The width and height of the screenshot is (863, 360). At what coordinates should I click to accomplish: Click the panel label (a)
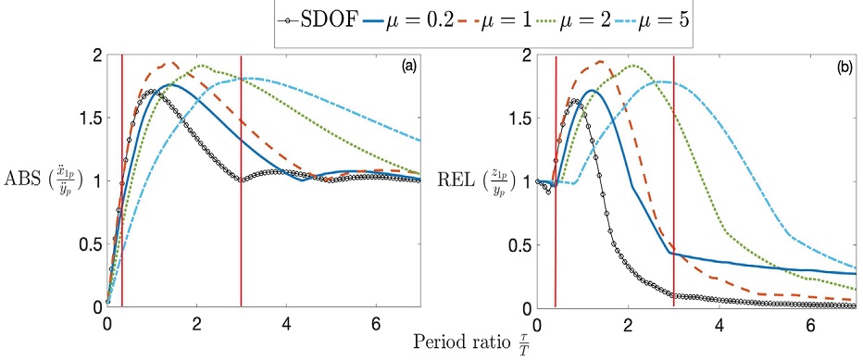(406, 68)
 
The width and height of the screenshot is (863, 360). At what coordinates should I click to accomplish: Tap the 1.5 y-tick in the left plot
(85, 118)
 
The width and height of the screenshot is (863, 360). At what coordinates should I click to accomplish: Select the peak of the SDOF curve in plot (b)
(575, 100)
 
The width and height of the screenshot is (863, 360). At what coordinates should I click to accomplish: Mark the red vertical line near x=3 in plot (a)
(241, 185)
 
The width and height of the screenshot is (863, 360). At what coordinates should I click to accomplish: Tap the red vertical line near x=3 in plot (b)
(673, 185)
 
